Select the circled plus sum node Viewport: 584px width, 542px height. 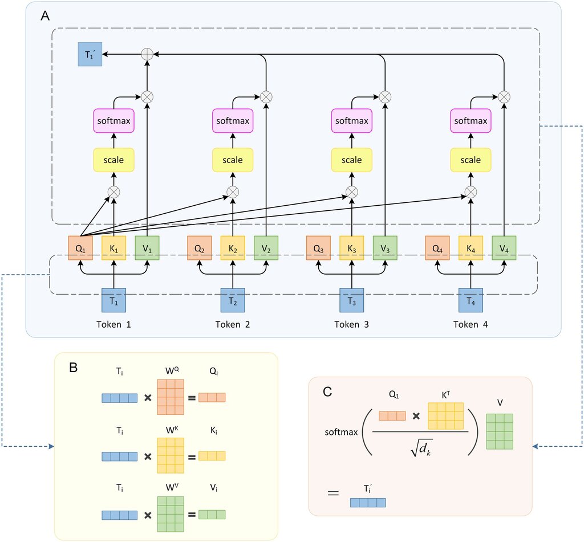tap(147, 54)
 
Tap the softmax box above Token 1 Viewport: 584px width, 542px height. tap(113, 121)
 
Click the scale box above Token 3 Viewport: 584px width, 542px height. tap(351, 160)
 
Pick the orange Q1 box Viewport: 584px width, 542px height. tap(80, 248)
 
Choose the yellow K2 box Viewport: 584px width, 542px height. tap(233, 248)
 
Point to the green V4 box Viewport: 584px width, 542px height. tap(504, 248)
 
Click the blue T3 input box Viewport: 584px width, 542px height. tap(351, 300)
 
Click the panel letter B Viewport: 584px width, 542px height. tap(74, 368)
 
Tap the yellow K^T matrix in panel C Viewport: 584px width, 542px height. tap(446, 416)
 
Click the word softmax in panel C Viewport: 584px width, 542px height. tap(340, 432)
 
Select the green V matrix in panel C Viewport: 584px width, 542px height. tap(500, 431)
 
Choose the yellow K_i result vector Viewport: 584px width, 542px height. tap(212, 455)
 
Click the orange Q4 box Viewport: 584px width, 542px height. tap(437, 248)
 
